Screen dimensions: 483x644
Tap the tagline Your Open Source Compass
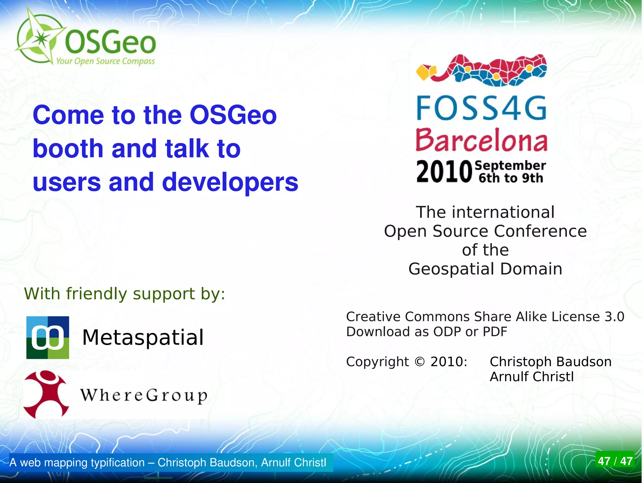point(105,61)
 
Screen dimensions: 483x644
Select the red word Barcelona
point(481,140)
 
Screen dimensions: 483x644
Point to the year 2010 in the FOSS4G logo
point(444,171)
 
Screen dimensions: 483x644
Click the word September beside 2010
point(510,165)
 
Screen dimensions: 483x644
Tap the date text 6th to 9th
point(511,178)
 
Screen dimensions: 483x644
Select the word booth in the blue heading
point(68,148)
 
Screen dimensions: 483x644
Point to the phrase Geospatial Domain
point(485,269)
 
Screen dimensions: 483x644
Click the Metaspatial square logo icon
point(48,338)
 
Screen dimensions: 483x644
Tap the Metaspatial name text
point(143,338)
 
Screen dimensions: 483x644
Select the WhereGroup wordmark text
point(144,395)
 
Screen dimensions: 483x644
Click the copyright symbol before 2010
point(419,362)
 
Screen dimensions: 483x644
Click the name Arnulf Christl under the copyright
point(532,377)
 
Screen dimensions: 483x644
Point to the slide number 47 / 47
point(615,461)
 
